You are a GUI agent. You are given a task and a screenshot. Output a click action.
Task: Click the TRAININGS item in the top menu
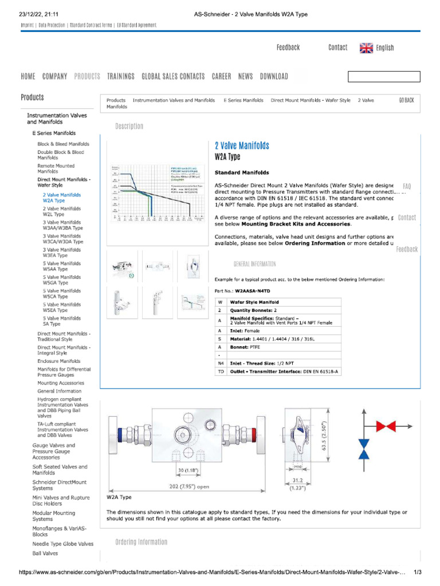click(121, 76)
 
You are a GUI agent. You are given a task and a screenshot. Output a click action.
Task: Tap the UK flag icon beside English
click(366, 48)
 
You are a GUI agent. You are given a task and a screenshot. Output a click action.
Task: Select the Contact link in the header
click(337, 47)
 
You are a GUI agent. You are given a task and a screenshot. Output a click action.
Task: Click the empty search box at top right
click(384, 77)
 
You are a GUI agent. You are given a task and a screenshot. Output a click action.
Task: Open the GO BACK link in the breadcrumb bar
click(406, 100)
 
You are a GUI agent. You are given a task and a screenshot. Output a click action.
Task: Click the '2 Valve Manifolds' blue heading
click(242, 146)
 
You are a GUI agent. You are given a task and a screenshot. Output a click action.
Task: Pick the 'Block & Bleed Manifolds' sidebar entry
click(63, 144)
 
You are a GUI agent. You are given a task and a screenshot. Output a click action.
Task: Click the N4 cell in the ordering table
click(221, 363)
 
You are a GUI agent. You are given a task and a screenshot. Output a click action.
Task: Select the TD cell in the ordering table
click(221, 371)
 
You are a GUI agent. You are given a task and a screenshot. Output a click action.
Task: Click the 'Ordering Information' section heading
click(141, 542)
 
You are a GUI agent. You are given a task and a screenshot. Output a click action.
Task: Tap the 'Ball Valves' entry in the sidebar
click(45, 553)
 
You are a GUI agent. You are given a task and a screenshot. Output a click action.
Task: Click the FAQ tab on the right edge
click(407, 187)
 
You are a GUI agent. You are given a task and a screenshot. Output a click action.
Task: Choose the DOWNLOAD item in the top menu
click(274, 76)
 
